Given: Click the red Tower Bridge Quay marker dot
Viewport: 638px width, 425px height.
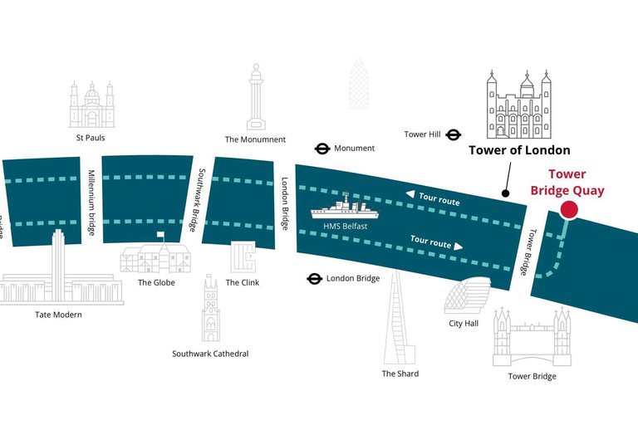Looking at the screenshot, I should [569, 210].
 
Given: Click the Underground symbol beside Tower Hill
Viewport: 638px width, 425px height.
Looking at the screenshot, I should [454, 134].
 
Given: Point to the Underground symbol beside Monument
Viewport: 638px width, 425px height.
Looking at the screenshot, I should [321, 149].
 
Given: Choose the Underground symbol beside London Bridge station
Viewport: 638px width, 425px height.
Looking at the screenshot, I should [314, 279].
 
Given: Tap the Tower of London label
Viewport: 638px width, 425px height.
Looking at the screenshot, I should [519, 150].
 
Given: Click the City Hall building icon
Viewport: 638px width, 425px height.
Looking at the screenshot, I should [464, 296].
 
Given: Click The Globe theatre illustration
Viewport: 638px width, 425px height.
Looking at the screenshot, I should [156, 256].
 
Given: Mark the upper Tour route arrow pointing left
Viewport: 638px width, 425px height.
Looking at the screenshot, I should [410, 194].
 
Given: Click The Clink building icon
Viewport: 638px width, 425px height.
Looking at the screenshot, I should [243, 257].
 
